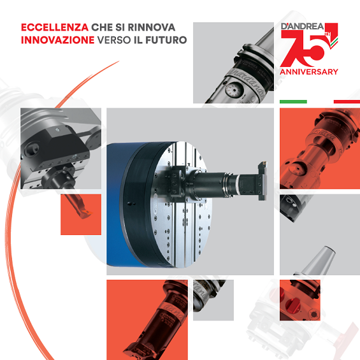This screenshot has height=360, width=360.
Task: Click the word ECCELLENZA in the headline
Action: [55, 27]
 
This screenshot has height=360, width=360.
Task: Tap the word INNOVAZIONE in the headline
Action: [57, 40]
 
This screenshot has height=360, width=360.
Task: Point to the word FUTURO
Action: [166, 40]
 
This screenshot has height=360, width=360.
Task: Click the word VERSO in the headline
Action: [114, 40]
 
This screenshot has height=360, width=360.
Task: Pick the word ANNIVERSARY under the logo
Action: [309, 72]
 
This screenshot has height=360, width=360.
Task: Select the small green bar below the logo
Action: [293, 102]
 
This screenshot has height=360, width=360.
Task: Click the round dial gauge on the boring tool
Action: [233, 90]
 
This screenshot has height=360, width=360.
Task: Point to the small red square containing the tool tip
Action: [81, 215]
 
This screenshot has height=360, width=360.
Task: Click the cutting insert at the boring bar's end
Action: [87, 212]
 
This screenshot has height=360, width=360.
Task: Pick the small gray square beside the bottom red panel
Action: [213, 300]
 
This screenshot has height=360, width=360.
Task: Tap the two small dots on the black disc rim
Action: [131, 203]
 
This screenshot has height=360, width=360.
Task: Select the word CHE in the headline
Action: [102, 27]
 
